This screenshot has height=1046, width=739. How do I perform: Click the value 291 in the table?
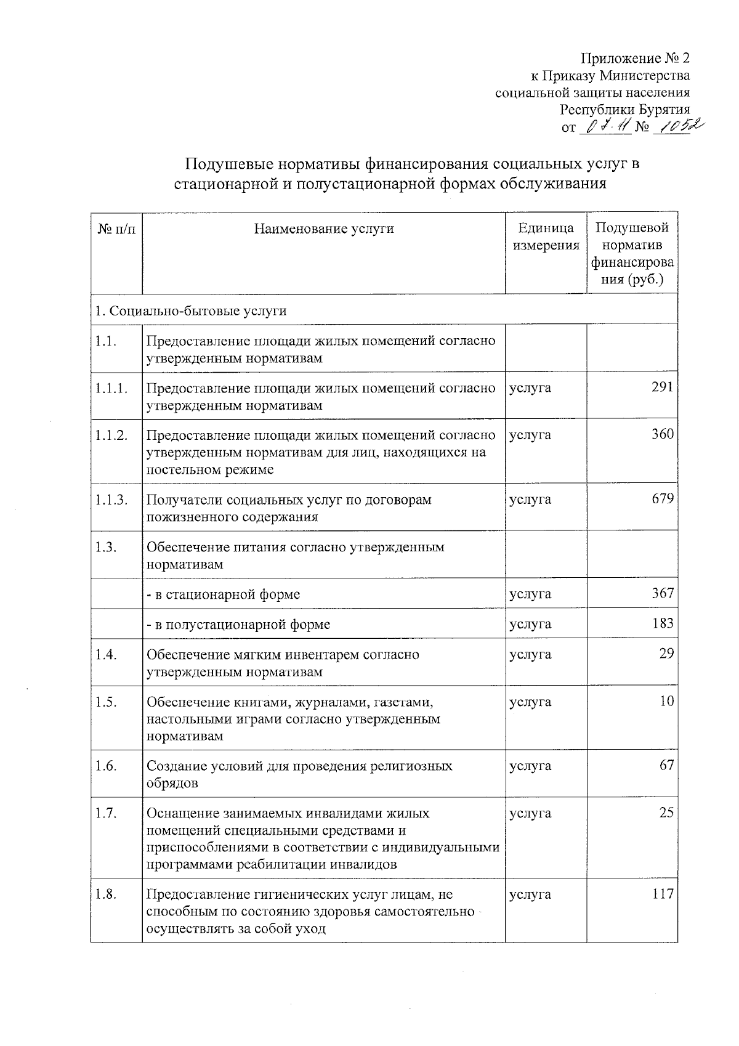[663, 387]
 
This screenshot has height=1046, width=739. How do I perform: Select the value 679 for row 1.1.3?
[663, 498]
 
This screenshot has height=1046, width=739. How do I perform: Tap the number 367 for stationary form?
[663, 593]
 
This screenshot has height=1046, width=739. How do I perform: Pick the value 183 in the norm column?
[663, 623]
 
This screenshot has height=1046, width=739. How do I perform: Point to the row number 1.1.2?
[111, 435]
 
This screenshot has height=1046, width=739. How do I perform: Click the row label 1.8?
[106, 894]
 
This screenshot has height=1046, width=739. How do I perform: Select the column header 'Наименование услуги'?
[324, 229]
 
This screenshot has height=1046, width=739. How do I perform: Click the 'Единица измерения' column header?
[546, 237]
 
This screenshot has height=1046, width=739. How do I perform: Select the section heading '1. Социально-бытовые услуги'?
[191, 310]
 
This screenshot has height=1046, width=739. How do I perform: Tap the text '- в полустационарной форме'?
[238, 624]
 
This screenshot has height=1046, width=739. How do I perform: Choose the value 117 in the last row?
[663, 893]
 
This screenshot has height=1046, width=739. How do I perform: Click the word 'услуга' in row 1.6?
[530, 766]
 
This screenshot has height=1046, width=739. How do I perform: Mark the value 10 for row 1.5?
[666, 701]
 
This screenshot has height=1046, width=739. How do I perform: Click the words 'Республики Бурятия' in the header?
[624, 110]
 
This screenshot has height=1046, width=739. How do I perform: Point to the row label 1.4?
[106, 654]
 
